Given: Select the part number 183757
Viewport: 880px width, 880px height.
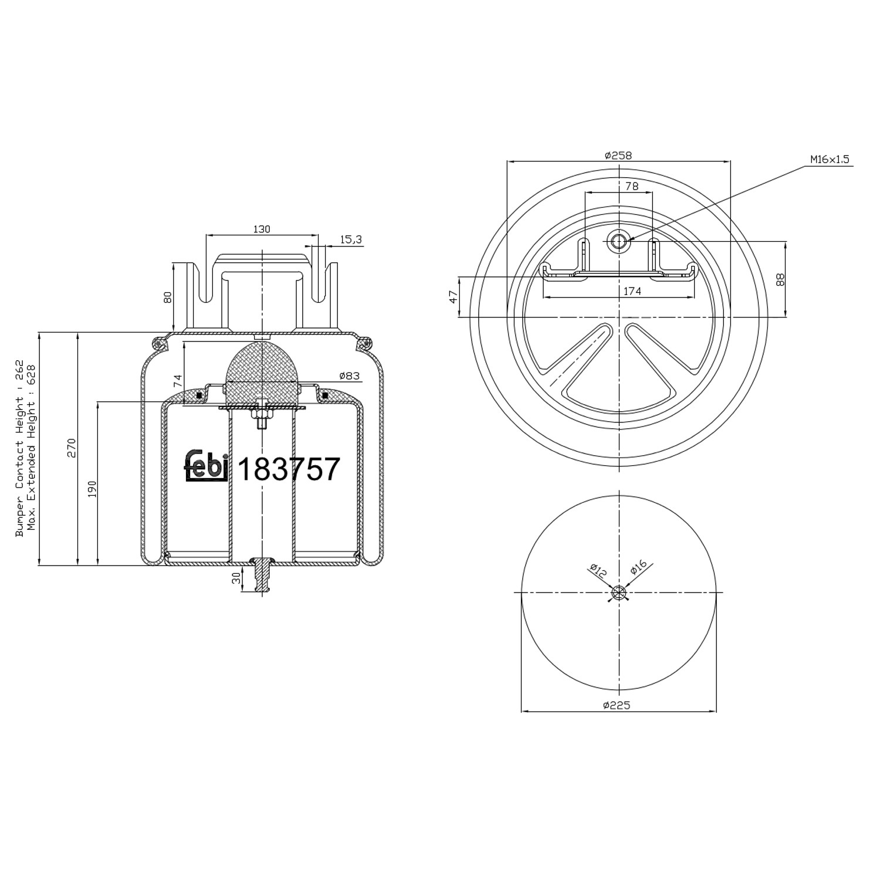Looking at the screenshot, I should click(289, 469).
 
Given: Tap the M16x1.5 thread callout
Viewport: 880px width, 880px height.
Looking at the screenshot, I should click(830, 159).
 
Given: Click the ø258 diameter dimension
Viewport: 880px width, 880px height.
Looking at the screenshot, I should click(618, 155).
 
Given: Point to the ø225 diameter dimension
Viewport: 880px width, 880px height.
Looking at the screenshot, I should click(616, 705).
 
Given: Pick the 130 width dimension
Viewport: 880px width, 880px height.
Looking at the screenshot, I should click(262, 229).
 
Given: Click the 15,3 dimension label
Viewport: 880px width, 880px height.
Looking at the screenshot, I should click(351, 239).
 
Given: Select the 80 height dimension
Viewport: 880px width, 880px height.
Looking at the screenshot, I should click(168, 297).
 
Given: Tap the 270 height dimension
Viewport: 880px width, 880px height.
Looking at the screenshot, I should click(72, 448).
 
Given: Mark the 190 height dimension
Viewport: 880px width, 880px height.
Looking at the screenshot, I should click(92, 489).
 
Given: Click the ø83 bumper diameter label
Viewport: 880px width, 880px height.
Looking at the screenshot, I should click(349, 375).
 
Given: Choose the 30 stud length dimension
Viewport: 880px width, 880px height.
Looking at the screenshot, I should click(236, 578).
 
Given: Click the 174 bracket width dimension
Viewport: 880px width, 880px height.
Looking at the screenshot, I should click(632, 291).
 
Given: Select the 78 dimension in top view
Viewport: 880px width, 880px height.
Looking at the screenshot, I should click(631, 186).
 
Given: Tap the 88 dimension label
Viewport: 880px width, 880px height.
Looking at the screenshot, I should click(780, 279).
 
